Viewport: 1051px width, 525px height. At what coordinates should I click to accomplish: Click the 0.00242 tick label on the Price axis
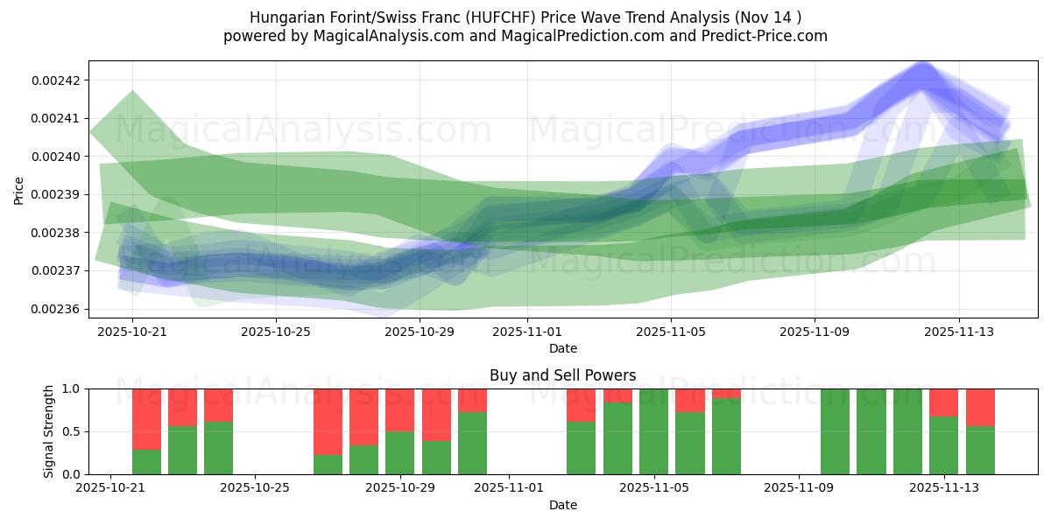55,80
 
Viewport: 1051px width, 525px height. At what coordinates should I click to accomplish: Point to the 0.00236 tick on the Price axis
55,309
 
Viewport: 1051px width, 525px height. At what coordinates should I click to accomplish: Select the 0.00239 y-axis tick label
55,194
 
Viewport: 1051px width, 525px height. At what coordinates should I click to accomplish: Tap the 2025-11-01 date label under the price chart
527,332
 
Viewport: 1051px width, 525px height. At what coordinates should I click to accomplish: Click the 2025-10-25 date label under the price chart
276,332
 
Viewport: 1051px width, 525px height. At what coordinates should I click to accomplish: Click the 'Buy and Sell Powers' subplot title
562,375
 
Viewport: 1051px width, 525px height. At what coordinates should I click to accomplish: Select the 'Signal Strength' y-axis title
49,431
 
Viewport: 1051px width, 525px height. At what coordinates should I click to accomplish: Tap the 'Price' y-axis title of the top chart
19,190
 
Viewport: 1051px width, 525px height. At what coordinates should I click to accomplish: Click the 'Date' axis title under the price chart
562,348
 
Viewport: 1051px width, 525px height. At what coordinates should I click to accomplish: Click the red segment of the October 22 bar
146,418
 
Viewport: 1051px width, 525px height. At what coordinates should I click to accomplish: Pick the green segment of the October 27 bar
328,465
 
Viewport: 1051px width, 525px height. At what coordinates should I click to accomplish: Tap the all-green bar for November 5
653,431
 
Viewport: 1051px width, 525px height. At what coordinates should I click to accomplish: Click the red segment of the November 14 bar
980,407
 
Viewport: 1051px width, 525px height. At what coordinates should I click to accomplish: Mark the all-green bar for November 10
835,431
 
